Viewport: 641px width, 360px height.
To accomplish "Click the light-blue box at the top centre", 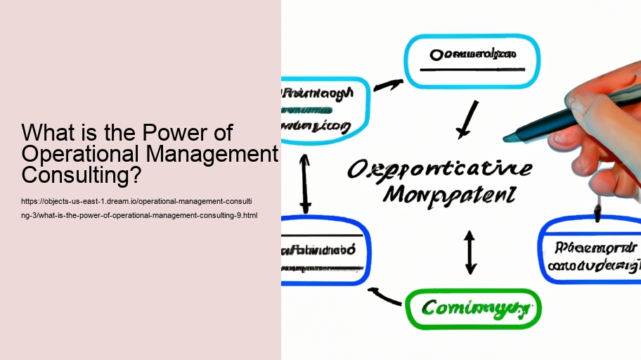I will point(472,61).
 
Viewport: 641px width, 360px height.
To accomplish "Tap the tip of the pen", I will point(508,138).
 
